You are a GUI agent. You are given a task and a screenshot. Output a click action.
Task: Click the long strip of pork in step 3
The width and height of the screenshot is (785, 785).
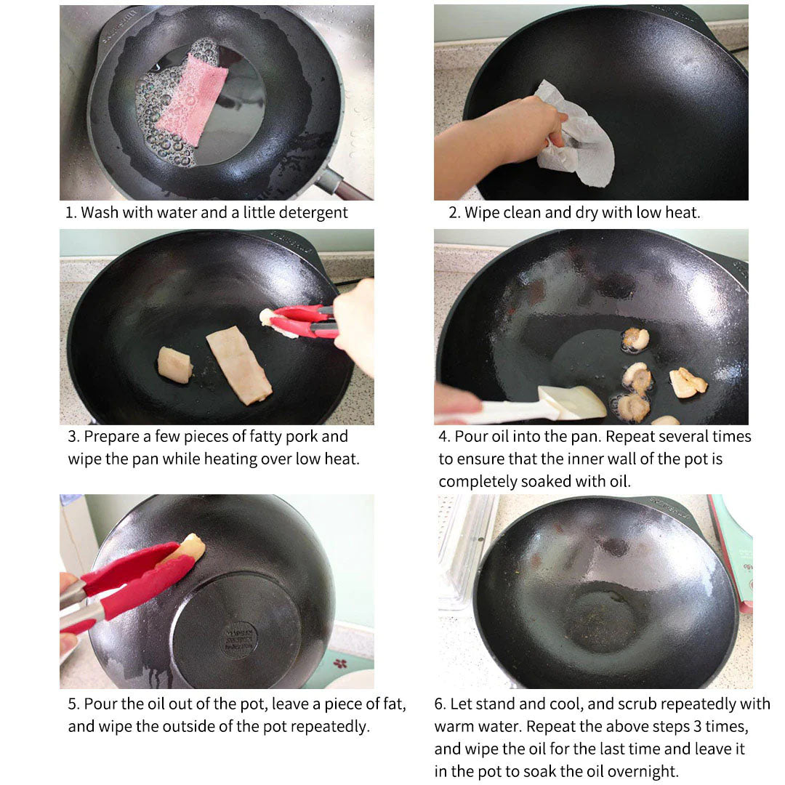pos(238,365)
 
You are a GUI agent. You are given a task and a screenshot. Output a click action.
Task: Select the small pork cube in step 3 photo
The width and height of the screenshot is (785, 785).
pos(175,363)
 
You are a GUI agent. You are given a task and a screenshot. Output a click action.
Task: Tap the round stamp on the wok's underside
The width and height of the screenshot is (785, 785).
pos(239,640)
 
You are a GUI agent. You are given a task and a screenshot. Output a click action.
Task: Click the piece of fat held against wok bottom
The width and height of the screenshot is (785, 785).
pos(188,547)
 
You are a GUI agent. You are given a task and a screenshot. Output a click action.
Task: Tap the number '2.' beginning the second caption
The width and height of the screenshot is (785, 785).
pos(454,213)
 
